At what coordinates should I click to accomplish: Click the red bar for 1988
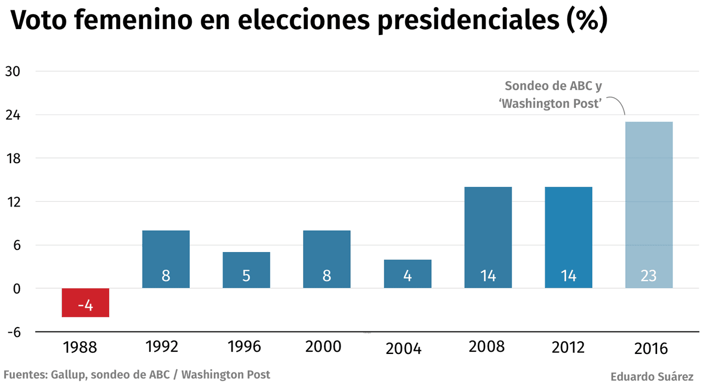[85, 302]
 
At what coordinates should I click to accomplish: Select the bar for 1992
[166, 259]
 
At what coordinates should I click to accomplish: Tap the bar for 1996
[246, 270]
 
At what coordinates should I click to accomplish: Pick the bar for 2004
[407, 273]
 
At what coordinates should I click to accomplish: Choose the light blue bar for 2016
[649, 204]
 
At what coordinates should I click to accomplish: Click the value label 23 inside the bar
[649, 276]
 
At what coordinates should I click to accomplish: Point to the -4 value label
[85, 305]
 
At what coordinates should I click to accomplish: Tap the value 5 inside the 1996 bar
[246, 276]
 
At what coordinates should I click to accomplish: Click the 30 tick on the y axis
[13, 71]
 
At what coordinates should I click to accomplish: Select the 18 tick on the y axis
[13, 158]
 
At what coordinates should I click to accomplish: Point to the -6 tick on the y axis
[13, 332]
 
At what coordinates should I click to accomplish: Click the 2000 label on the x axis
[324, 346]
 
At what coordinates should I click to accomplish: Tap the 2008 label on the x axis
[486, 346]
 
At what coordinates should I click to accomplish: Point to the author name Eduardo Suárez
[652, 377]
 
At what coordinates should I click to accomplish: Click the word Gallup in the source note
[68, 375]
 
